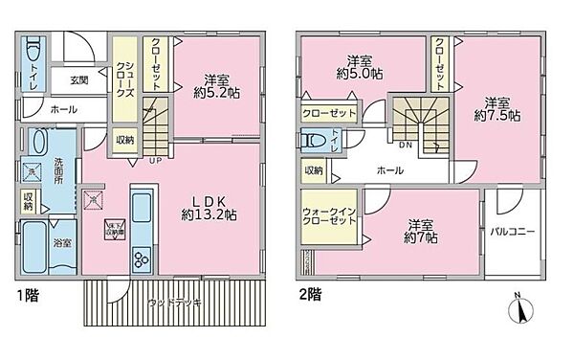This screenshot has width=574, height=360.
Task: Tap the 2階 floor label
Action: click(307, 293)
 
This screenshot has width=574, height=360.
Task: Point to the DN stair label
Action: click(405, 146)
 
